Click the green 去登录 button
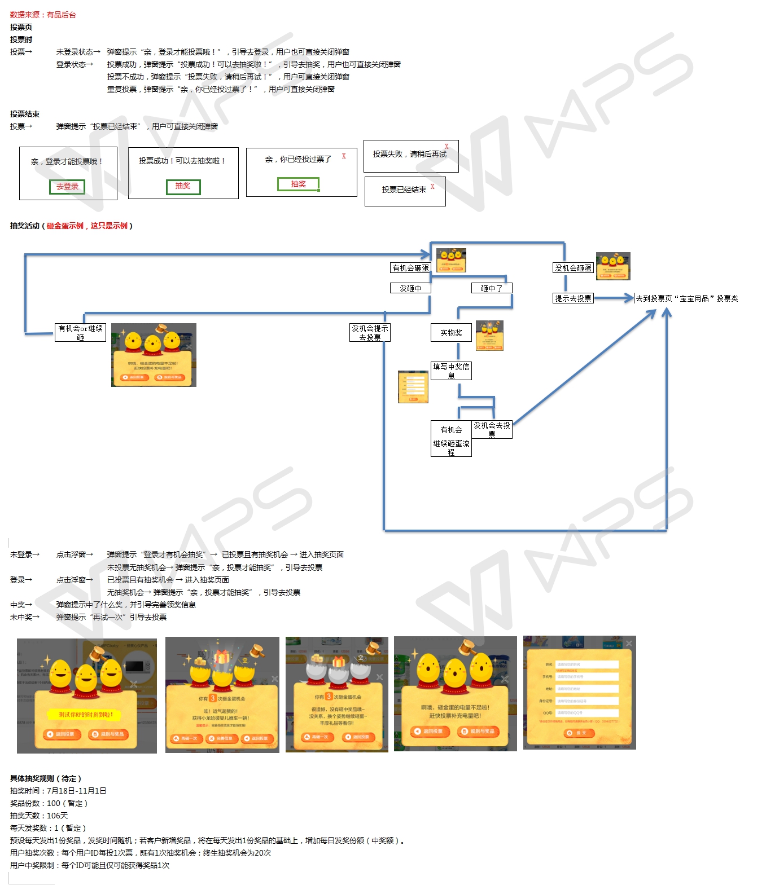[67, 187]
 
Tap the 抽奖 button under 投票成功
[183, 187]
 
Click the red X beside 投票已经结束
[432, 187]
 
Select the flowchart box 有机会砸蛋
[410, 268]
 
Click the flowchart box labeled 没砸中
[410, 288]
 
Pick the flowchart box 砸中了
[492, 288]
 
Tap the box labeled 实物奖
[451, 333]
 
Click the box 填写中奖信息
[451, 371]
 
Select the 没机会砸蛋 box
[573, 268]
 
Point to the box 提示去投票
[573, 298]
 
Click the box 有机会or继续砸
[81, 332]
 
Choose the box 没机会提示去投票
[370, 332]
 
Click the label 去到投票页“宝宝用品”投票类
[687, 298]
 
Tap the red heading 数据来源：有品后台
[43, 15]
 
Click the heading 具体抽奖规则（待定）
[46, 778]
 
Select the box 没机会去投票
[492, 429]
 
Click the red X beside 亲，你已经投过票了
[343, 156]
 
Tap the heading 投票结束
[25, 114]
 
